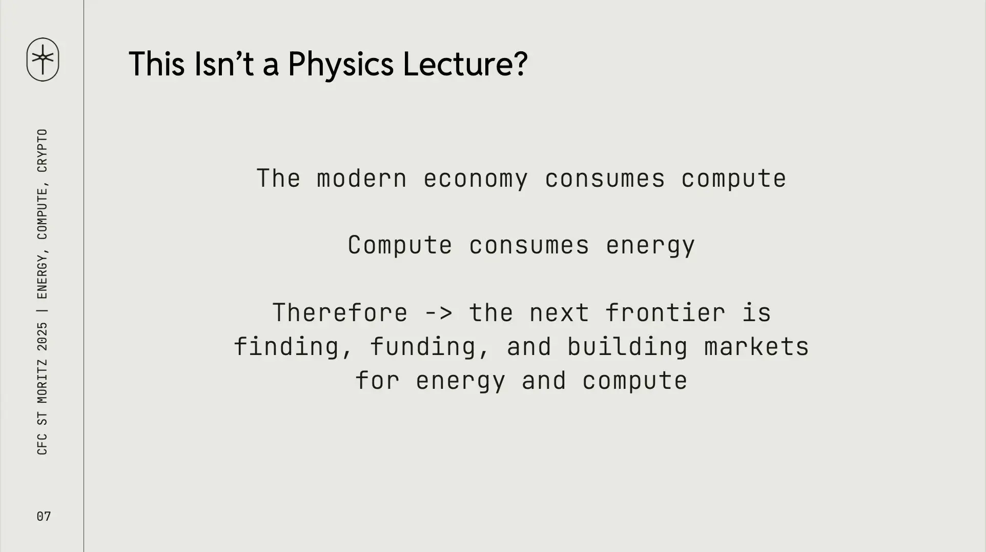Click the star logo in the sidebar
click(x=43, y=59)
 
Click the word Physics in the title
click(x=341, y=65)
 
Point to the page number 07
click(x=44, y=516)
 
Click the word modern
click(x=362, y=179)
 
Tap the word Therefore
click(x=340, y=313)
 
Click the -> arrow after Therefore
click(x=439, y=313)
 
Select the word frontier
click(x=665, y=313)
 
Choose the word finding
click(x=286, y=347)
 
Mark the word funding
click(x=423, y=347)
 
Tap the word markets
click(x=756, y=347)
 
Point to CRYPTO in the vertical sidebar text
click(x=43, y=150)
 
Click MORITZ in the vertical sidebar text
click(x=43, y=381)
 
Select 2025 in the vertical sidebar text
click(x=43, y=337)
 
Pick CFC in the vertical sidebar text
click(x=43, y=444)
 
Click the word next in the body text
click(x=559, y=313)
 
